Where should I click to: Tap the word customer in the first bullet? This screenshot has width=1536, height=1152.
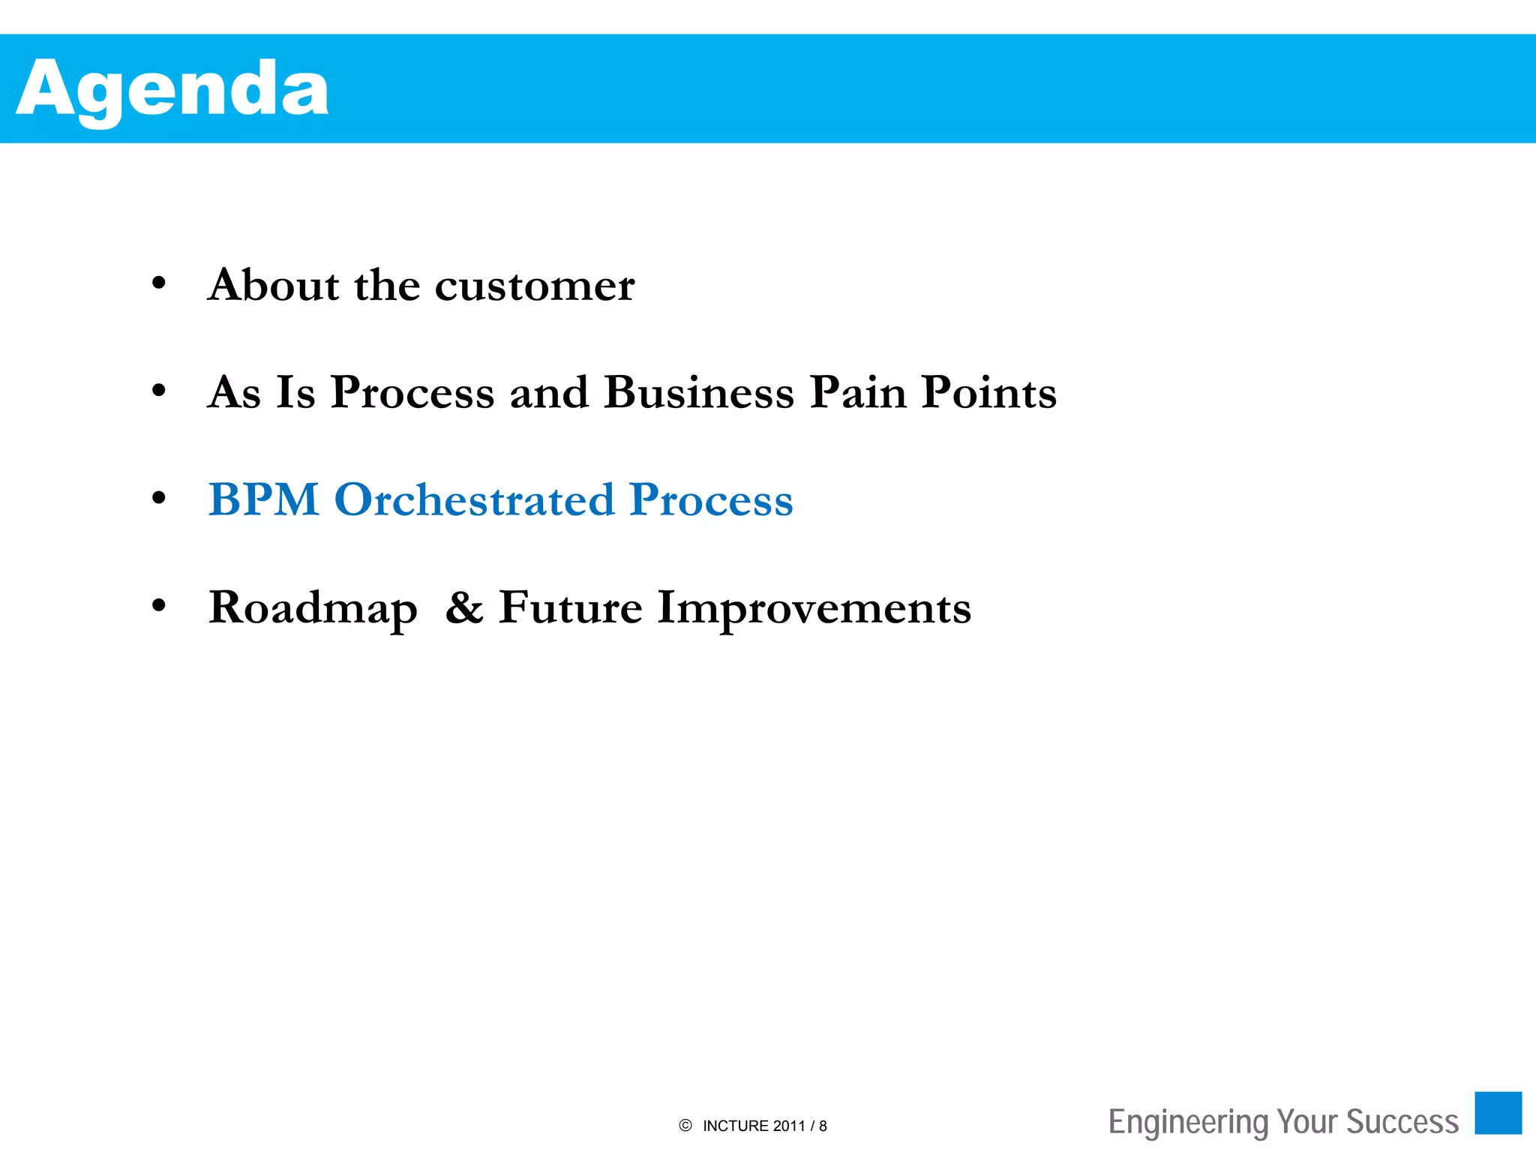(x=535, y=286)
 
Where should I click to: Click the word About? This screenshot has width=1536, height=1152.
(x=273, y=285)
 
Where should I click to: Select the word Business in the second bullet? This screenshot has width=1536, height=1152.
(x=699, y=392)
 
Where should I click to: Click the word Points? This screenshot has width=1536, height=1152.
(x=989, y=392)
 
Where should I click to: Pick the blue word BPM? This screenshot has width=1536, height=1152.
(x=264, y=499)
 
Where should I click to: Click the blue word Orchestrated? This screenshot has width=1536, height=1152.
(x=474, y=499)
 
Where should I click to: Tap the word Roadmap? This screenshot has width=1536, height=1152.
(x=313, y=608)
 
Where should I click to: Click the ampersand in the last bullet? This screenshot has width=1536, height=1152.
(x=464, y=607)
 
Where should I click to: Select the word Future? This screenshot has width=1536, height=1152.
(x=571, y=607)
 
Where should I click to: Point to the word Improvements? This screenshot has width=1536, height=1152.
(x=814, y=608)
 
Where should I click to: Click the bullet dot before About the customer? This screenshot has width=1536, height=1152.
(x=158, y=283)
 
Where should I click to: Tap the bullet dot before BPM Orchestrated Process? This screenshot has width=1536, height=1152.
(x=158, y=498)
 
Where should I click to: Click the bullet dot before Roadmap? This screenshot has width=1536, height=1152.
(x=158, y=605)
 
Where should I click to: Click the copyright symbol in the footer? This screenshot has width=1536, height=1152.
(x=685, y=1125)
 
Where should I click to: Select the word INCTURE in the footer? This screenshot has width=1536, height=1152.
(x=736, y=1126)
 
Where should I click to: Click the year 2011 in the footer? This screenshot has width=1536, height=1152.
(x=788, y=1126)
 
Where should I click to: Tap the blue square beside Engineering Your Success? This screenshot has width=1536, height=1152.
(x=1498, y=1113)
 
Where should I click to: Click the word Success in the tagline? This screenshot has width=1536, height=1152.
(x=1402, y=1122)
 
